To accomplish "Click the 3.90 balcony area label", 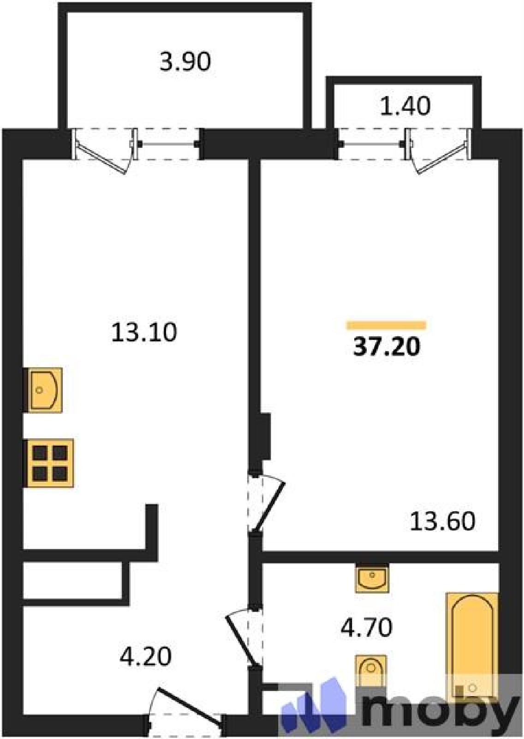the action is coord(185,62).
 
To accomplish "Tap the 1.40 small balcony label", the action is coord(405,107).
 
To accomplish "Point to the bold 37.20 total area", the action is coord(387,347).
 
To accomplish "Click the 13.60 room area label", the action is coord(442,521).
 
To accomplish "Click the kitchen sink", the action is coord(44,390).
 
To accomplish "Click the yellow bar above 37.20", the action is coord(386,326).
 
